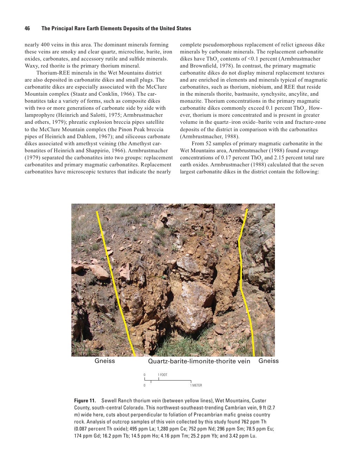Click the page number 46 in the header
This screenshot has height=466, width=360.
pos(27,28)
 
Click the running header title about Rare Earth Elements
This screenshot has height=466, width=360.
pos(116,28)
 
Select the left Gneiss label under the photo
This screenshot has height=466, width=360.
pos(105,361)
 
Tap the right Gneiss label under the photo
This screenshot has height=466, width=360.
pos(269,361)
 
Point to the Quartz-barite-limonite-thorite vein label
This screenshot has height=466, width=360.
pos(199,361)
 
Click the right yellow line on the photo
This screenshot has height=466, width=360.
pos(242,281)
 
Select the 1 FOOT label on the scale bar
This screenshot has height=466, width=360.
pos(162,375)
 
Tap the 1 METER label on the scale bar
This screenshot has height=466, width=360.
pos(196,385)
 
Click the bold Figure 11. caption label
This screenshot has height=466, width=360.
pos(85,401)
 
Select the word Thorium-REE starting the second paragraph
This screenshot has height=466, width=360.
pos(51,73)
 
